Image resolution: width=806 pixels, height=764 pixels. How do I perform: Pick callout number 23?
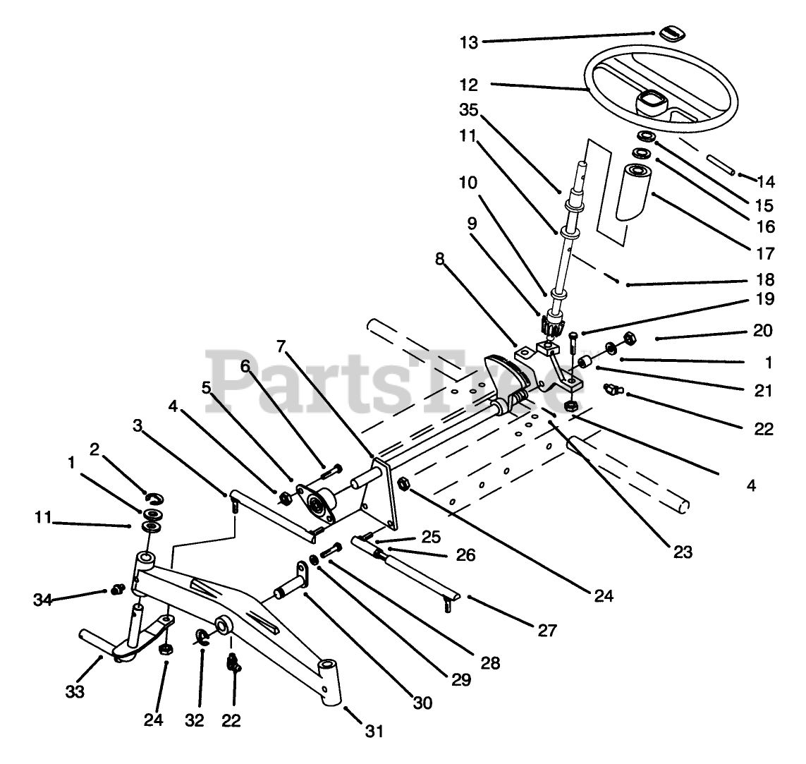click(x=683, y=552)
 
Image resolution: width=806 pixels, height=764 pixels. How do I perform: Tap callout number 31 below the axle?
click(x=374, y=732)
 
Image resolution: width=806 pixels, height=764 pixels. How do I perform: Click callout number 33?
click(x=75, y=691)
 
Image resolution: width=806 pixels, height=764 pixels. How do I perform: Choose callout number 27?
click(x=547, y=630)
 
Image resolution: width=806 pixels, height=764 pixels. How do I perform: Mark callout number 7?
click(x=281, y=346)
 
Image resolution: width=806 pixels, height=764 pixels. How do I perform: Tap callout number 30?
click(x=423, y=703)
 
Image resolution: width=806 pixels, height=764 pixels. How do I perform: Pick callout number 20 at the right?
click(x=763, y=330)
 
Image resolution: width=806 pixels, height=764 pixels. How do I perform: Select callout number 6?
click(x=245, y=366)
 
